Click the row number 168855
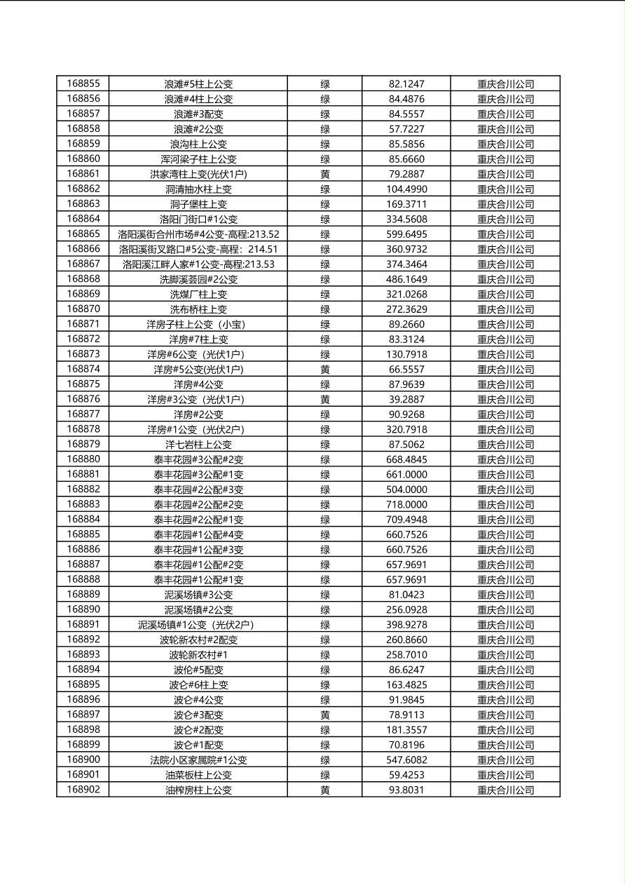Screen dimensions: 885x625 [x=83, y=83]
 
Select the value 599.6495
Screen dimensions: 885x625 [x=406, y=234]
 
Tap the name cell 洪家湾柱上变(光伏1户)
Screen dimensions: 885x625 [x=198, y=174]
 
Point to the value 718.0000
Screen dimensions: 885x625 [x=406, y=505]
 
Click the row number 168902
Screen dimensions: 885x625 [x=83, y=790]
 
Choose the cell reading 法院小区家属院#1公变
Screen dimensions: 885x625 [x=198, y=760]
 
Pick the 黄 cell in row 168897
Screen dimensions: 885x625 [x=325, y=715]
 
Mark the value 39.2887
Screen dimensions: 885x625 [x=406, y=400]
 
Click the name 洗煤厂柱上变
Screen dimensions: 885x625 [x=198, y=295]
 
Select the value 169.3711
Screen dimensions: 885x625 [x=406, y=204]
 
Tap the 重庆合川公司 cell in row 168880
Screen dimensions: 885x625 [x=505, y=460]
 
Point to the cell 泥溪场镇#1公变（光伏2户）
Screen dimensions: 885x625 [x=198, y=625]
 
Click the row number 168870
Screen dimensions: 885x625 [x=83, y=309]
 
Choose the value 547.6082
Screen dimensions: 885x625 [x=406, y=760]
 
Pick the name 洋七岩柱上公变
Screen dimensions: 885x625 [x=198, y=445]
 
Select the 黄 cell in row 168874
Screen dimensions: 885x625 [x=325, y=370]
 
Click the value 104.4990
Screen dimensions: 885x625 [x=406, y=189]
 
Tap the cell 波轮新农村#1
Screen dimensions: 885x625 [x=198, y=655]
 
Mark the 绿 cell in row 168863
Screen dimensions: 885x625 [x=325, y=204]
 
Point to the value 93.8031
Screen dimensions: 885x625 [x=406, y=790]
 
